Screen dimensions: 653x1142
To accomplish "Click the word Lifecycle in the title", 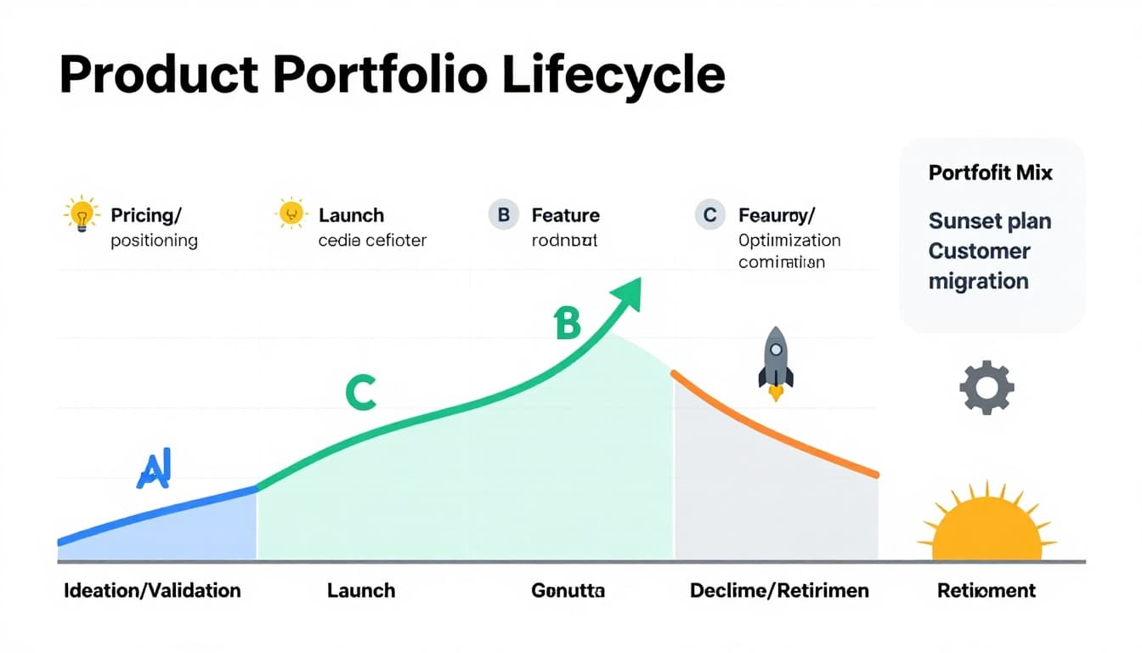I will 613,75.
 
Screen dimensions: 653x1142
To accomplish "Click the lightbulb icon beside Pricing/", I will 82,214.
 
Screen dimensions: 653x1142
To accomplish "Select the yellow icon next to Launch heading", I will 291,214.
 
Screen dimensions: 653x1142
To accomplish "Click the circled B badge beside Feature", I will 503,215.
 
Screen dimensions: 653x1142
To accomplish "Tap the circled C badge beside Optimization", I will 710,215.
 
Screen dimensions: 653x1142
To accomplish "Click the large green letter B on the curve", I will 567,324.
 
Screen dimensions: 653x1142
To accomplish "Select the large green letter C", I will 360,393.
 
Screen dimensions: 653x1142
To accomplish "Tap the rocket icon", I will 775,361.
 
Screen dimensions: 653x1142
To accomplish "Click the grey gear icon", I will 987,388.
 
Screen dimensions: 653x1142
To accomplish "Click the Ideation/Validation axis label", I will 152,590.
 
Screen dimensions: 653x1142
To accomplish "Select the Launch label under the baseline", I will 361,590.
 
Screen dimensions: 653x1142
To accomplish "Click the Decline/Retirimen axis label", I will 779,590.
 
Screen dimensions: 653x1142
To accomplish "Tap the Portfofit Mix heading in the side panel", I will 990,173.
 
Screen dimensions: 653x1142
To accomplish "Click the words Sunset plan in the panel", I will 989,222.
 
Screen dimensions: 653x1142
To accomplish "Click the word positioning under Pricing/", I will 154,241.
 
